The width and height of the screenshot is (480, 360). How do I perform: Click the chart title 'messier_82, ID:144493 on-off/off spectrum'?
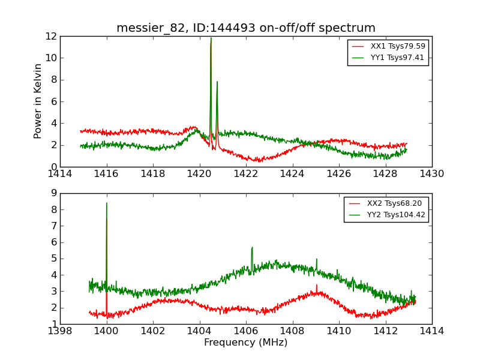click(245, 28)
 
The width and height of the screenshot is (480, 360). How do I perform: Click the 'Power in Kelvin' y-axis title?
click(38, 101)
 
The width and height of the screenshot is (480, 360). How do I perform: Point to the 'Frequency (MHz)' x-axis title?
click(245, 343)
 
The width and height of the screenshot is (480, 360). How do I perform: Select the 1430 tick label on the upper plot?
click(431, 174)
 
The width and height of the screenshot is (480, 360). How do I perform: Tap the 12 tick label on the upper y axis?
click(51, 36)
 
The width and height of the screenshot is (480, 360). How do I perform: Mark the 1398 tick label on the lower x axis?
click(60, 331)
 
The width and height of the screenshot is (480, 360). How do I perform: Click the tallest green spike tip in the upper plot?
click(211, 38)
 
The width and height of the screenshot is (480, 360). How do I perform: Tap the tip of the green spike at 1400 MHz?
click(107, 203)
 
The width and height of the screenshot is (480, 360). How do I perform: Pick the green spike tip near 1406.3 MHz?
click(252, 247)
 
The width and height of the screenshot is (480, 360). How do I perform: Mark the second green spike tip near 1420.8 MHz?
click(217, 82)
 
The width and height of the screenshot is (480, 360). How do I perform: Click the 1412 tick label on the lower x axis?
click(385, 331)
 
